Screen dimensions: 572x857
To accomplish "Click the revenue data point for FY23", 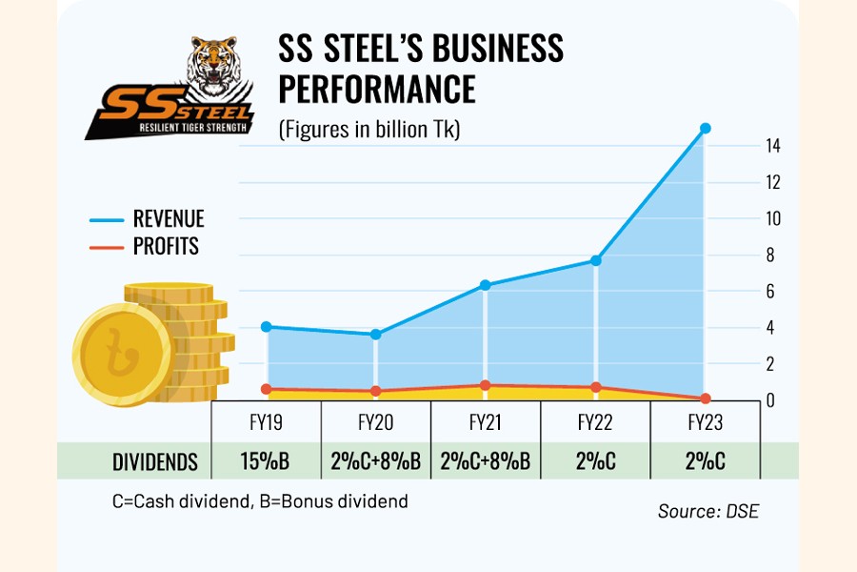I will [705, 128].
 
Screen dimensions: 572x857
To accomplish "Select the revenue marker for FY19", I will [267, 327].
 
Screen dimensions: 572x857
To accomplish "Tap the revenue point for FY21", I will [485, 285].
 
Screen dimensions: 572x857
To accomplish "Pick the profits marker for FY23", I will [705, 398].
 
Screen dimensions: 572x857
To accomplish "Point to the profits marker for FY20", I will [375, 391].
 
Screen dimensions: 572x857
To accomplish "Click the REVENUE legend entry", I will [168, 219].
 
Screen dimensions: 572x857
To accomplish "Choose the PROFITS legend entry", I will [166, 247].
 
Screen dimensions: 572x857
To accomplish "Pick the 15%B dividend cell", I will [266, 461].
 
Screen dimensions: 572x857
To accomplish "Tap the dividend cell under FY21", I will [486, 461].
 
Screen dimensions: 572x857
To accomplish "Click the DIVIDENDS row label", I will [155, 462].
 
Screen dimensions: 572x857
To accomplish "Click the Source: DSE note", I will [708, 511].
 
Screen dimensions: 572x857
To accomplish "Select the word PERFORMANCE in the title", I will [376, 88].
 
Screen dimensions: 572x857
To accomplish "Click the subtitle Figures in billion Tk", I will [369, 131].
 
